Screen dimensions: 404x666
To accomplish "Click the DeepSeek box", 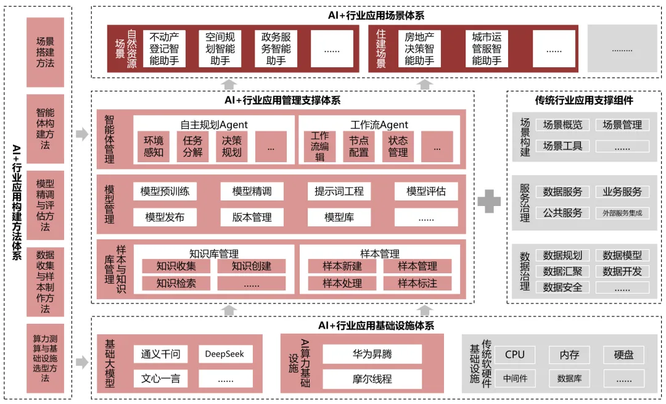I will point(224,354).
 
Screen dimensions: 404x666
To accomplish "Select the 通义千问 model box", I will point(160,354).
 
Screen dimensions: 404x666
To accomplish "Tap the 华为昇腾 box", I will point(372,354).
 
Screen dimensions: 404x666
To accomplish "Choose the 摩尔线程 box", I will point(372,379).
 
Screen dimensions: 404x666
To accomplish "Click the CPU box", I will point(515,355).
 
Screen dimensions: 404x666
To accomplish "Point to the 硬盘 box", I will point(623,355).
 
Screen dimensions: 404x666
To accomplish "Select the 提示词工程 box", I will point(339,191).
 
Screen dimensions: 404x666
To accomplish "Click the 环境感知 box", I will point(154,147).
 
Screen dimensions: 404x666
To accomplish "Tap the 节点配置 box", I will point(359,147).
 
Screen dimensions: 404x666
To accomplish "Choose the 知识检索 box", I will point(176,284).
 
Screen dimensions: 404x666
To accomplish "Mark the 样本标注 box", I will point(417,284).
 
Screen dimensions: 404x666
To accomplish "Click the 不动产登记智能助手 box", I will point(164,49).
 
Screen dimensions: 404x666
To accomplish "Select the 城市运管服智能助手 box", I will point(487,49).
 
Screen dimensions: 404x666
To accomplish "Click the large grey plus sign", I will point(490,202).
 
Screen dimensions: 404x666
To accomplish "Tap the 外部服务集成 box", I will point(622,213).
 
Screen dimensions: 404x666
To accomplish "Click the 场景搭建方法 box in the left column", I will point(45,52).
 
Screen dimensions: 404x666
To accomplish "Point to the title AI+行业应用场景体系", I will point(376,15).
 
